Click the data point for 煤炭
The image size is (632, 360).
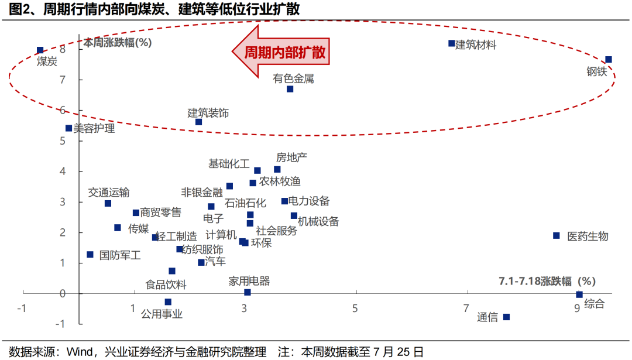click(x=40, y=50)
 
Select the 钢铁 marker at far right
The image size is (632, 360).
click(x=609, y=60)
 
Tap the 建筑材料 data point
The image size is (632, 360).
click(x=451, y=43)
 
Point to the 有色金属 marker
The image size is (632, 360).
click(x=290, y=89)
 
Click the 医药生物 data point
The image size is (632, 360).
click(x=556, y=235)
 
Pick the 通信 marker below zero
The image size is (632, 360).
click(x=506, y=317)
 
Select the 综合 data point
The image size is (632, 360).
click(x=579, y=294)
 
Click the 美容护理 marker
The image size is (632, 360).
click(x=68, y=128)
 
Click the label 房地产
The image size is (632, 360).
click(x=291, y=157)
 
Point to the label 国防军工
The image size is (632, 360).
click(x=120, y=255)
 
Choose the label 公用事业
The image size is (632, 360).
click(x=162, y=314)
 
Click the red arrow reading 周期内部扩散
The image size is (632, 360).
click(x=279, y=53)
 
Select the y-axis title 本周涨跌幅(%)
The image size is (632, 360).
click(x=118, y=42)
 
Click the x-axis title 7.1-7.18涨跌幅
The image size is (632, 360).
click(x=547, y=280)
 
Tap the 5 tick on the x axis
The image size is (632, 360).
click(x=355, y=308)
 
